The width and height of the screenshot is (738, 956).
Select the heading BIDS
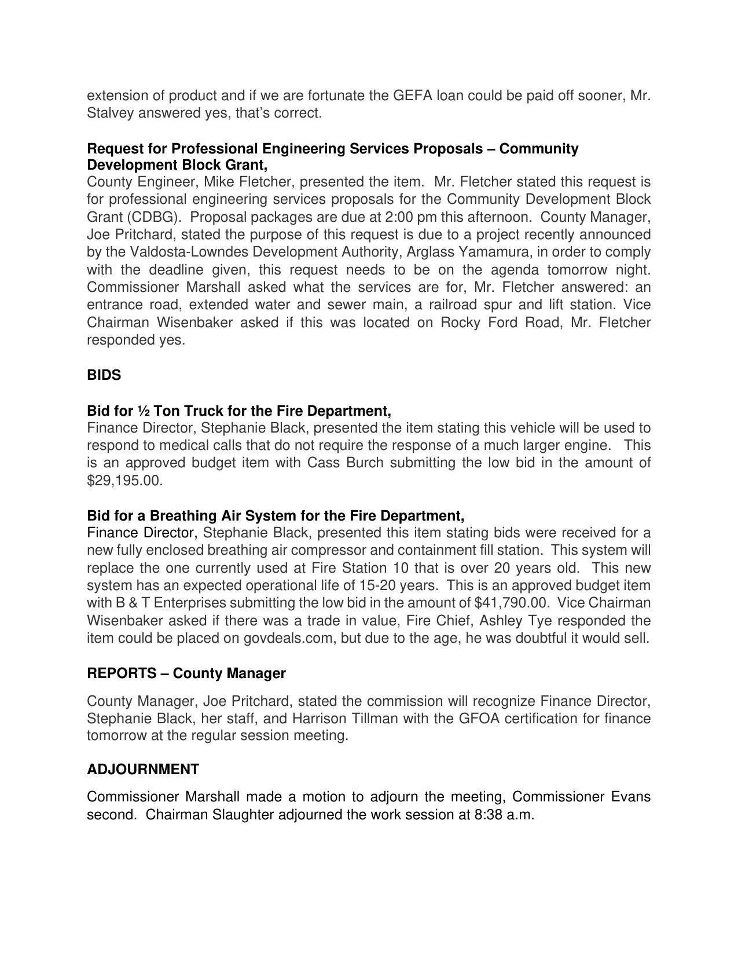tap(104, 375)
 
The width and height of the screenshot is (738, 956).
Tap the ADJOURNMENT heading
tap(143, 770)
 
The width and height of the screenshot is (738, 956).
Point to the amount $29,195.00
tap(124, 481)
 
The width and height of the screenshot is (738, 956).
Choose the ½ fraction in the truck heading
tap(144, 411)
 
